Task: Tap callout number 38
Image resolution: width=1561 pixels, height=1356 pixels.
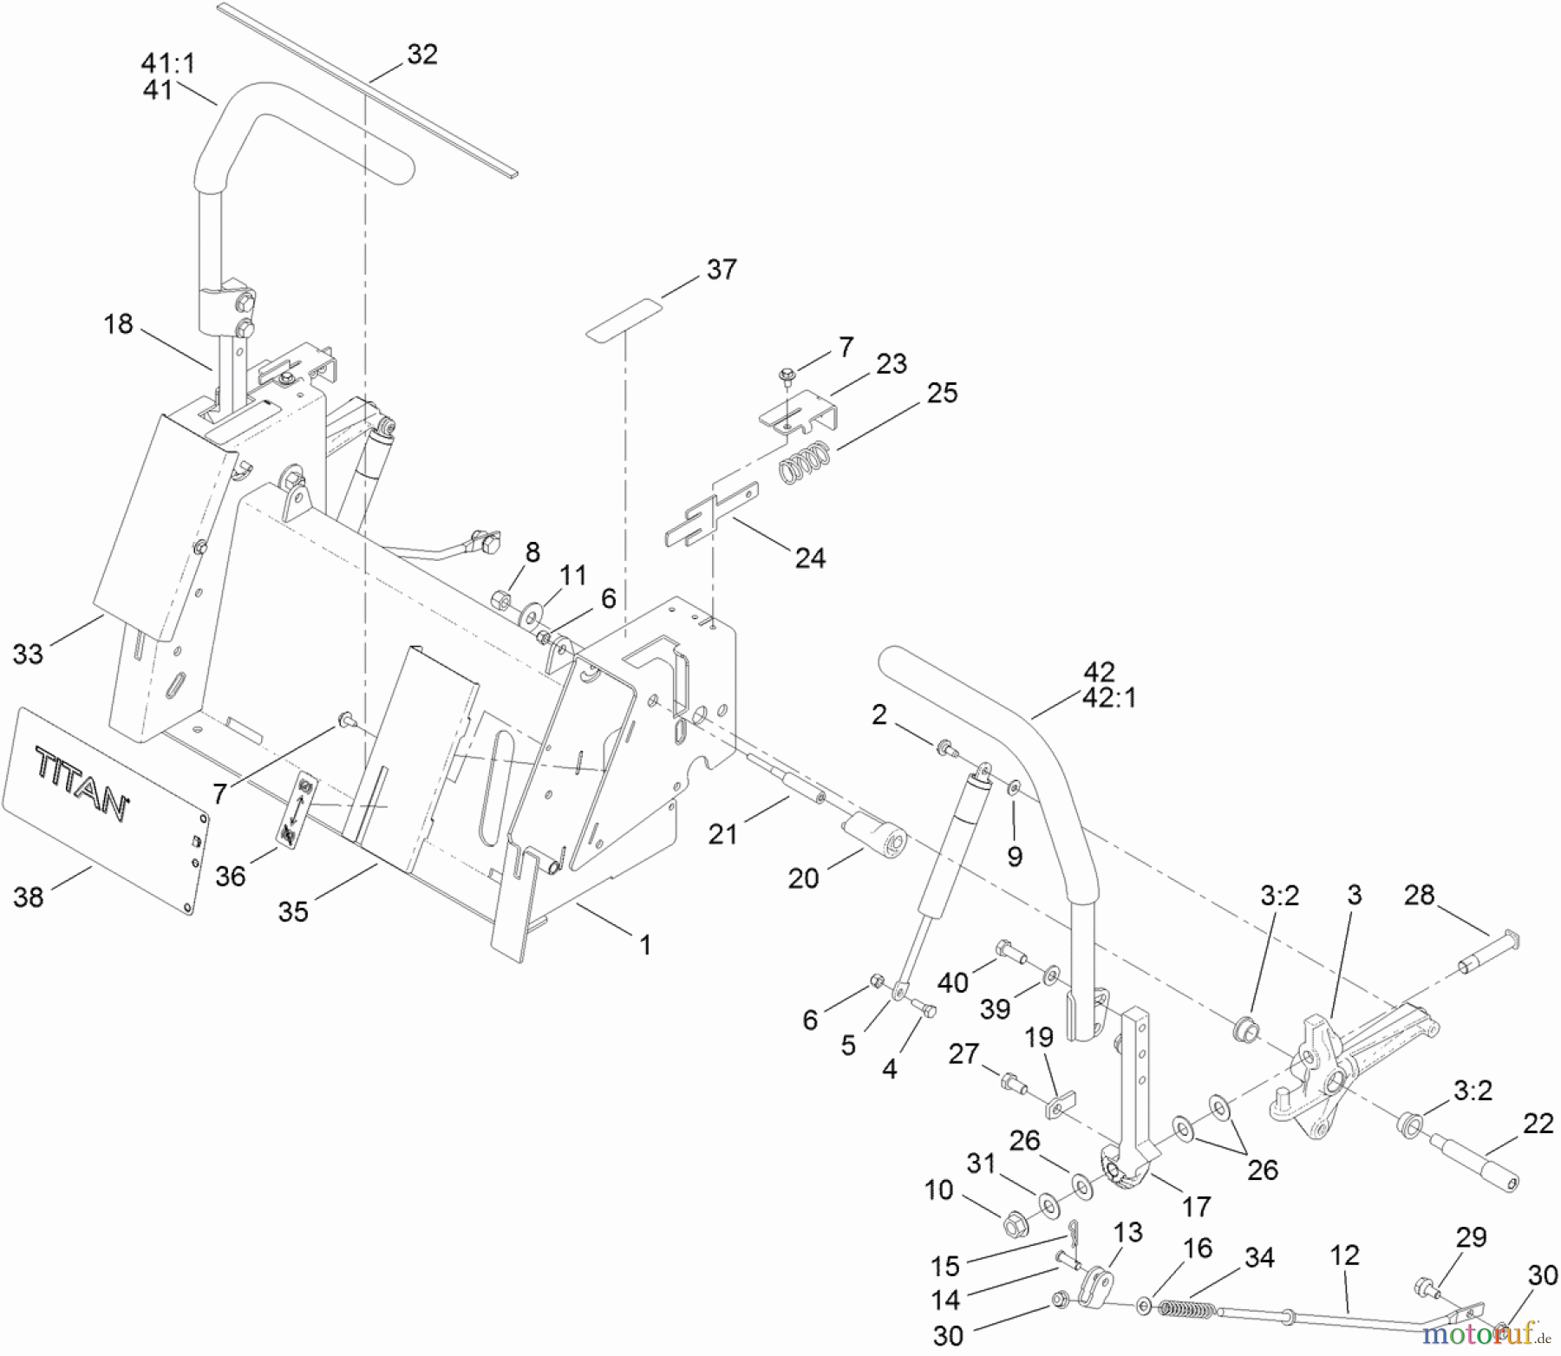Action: [x=29, y=896]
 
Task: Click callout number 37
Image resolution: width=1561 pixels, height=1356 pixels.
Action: [x=722, y=270]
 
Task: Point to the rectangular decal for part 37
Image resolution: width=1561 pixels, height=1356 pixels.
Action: [x=623, y=319]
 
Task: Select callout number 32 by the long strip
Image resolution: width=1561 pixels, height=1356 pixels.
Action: [x=422, y=54]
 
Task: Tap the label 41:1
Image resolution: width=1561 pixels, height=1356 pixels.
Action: [x=168, y=63]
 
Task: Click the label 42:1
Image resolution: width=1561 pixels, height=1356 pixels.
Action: [x=1109, y=697]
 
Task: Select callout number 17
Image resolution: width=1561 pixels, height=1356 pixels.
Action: [x=1196, y=1206]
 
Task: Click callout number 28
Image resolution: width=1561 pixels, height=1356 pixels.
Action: [x=1419, y=895]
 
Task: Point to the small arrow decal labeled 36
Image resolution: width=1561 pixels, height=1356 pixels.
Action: [x=297, y=810]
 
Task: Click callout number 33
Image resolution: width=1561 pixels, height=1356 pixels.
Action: [x=28, y=654]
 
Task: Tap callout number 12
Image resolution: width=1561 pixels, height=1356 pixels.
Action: [x=1344, y=1255]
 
